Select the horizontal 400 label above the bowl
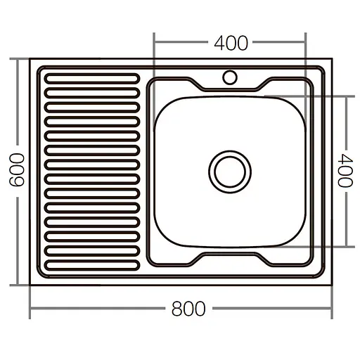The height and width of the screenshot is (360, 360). (230, 44)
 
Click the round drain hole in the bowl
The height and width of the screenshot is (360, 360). (229, 170)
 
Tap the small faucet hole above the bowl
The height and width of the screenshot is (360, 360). (230, 75)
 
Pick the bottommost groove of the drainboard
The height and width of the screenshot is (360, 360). (91, 264)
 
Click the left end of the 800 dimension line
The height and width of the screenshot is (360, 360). (30, 309)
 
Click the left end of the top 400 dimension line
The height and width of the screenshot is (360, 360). (154, 44)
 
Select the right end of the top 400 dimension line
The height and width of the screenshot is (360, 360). (306, 44)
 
